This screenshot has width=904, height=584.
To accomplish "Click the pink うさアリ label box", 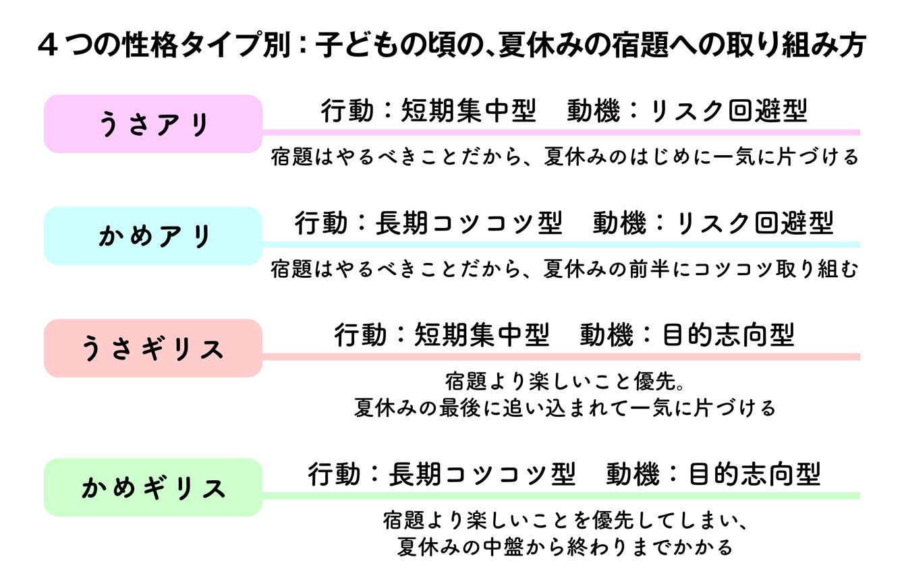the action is [x=153, y=124].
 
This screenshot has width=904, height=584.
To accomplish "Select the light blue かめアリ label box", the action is [x=153, y=236].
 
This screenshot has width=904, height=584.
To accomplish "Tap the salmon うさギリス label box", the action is [x=153, y=349].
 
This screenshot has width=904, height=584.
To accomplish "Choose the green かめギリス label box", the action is [x=153, y=487].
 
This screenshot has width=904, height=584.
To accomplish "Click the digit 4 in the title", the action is [x=48, y=45].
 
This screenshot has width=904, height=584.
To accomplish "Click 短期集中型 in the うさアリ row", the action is [x=469, y=111].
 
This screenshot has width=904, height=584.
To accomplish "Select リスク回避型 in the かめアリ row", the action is [x=755, y=223].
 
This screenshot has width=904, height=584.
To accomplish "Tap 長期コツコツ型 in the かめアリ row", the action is [x=469, y=223].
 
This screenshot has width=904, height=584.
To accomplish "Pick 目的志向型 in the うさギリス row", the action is [x=729, y=334].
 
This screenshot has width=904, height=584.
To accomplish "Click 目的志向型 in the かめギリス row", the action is [x=754, y=474].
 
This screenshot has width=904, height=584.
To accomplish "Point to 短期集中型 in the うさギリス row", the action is [x=482, y=334].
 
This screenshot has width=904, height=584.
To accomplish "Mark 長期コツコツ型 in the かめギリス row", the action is [x=482, y=474].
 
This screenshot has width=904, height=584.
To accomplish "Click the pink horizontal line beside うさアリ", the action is [x=561, y=132].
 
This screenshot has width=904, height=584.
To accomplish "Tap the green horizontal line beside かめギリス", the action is [x=561, y=496].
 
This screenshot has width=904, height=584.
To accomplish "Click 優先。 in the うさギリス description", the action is [x=659, y=382].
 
